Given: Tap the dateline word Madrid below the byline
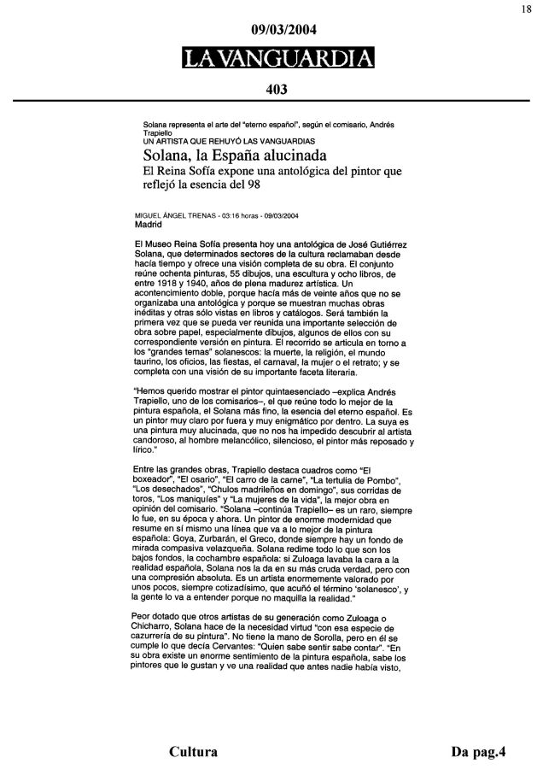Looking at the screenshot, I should coord(149,226).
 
